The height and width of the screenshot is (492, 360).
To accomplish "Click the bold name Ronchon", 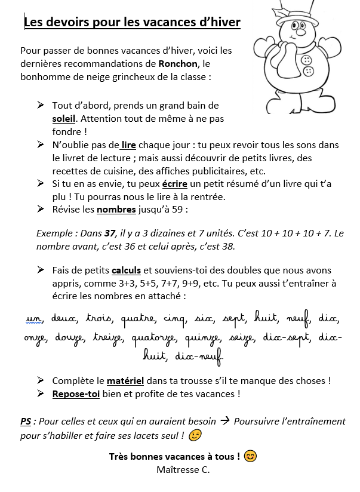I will point(178,64).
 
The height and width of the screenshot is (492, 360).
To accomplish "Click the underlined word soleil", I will point(64,119).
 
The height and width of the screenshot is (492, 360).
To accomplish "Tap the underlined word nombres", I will point(116,210).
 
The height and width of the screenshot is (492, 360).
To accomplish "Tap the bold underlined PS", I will point(26,422).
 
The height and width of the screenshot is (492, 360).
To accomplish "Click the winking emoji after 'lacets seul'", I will point(195,436).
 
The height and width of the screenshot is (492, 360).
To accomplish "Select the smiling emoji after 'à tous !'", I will point(251,457).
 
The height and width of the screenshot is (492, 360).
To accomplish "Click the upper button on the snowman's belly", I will point(307,60).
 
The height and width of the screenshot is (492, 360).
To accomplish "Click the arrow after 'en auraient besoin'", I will point(224,421).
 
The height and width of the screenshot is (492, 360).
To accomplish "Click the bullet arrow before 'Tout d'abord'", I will point(41,105).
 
